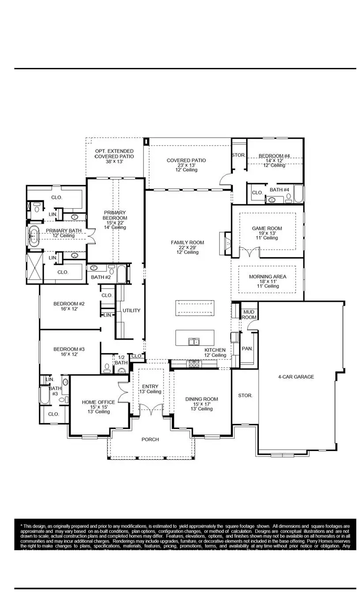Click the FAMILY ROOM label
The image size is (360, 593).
[x=187, y=243]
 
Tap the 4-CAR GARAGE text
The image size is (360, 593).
[x=296, y=377]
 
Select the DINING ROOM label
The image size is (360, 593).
[x=202, y=399]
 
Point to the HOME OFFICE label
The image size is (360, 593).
[x=98, y=402]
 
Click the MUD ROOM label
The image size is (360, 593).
[x=249, y=315]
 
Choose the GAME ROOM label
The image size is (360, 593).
[x=267, y=229]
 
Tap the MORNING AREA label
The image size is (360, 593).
[x=267, y=277]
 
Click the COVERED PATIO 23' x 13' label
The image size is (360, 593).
[x=186, y=161]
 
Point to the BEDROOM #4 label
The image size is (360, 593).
[x=274, y=156]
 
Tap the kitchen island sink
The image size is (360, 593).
[x=193, y=341]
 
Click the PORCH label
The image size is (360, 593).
[x=150, y=439]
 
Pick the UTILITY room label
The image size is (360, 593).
[x=131, y=311]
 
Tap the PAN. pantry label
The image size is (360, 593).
[x=247, y=349]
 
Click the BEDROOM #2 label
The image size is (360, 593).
[x=69, y=304]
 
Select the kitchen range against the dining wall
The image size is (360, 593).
[x=194, y=364]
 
